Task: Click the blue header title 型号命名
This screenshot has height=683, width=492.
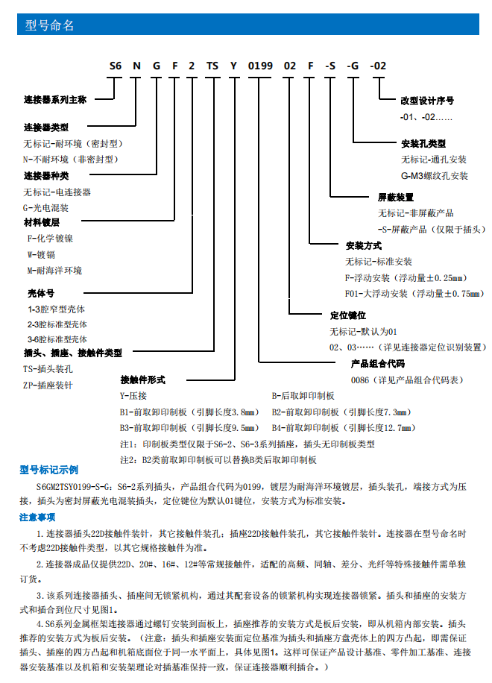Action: [50, 26]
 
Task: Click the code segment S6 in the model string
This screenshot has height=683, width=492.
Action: [115, 66]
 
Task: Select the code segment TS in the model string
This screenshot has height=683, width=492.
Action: [212, 66]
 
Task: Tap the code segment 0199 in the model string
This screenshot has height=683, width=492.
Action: [260, 66]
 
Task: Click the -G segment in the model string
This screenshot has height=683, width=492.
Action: [353, 66]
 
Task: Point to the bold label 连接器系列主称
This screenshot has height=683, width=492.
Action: [55, 99]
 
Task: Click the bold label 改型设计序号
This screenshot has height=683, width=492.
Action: [427, 100]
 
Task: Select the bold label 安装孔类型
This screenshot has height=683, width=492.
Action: [423, 143]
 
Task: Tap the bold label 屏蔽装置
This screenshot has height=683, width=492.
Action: [396, 198]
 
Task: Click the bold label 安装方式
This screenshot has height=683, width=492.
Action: [364, 245]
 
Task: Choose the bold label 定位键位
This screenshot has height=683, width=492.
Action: [348, 315]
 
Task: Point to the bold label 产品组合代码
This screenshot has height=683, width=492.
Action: [378, 364]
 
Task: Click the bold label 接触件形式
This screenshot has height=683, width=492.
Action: [142, 380]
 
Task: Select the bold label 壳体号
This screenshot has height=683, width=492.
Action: [41, 293]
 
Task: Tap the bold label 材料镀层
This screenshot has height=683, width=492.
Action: [41, 222]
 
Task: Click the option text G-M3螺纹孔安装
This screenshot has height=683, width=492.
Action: [435, 176]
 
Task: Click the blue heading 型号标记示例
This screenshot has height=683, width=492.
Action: [48, 470]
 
